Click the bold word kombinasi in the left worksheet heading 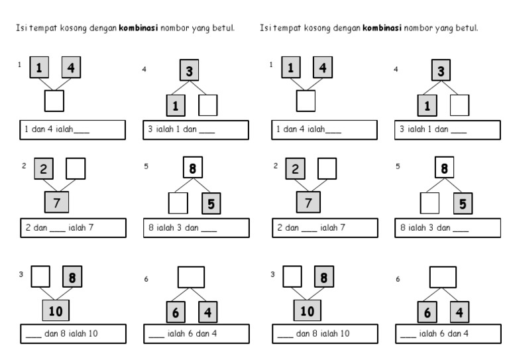pyautogui.click(x=139, y=28)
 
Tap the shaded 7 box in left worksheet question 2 pyautogui.click(x=56, y=202)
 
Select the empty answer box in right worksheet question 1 pyautogui.click(x=306, y=101)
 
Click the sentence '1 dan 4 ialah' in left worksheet pyautogui.click(x=48, y=129)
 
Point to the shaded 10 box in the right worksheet pyautogui.click(x=307, y=310)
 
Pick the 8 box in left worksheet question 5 pyautogui.click(x=193, y=168)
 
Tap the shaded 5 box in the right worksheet pyautogui.click(x=463, y=204)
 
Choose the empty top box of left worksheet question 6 pyautogui.click(x=191, y=277)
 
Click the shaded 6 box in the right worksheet pyautogui.click(x=427, y=312)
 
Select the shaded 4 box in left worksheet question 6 pyautogui.click(x=207, y=312)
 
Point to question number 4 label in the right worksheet pyautogui.click(x=396, y=69)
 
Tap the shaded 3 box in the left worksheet pyautogui.click(x=190, y=70)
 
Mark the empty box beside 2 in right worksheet pyautogui.click(x=327, y=169)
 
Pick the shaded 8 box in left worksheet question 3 pyautogui.click(x=72, y=276)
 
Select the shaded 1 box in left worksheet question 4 pyautogui.click(x=176, y=105)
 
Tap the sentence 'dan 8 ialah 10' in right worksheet pyautogui.click(x=323, y=333)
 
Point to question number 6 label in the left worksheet pyautogui.click(x=146, y=279)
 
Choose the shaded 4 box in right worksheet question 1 pyautogui.click(x=323, y=67)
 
